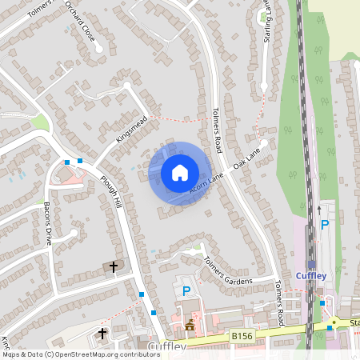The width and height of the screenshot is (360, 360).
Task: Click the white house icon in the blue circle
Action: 179,173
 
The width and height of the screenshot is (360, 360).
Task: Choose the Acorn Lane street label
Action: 207,183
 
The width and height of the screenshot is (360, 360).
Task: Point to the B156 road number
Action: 242,336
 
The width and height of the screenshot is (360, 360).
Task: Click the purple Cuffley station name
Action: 311,276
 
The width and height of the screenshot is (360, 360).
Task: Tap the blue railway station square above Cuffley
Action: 311,264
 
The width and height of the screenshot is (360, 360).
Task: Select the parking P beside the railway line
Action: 324,225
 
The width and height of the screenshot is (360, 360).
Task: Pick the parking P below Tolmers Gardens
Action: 186,291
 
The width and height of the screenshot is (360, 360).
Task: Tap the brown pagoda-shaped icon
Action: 190,326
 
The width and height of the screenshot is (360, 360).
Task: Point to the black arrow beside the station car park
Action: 318,210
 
